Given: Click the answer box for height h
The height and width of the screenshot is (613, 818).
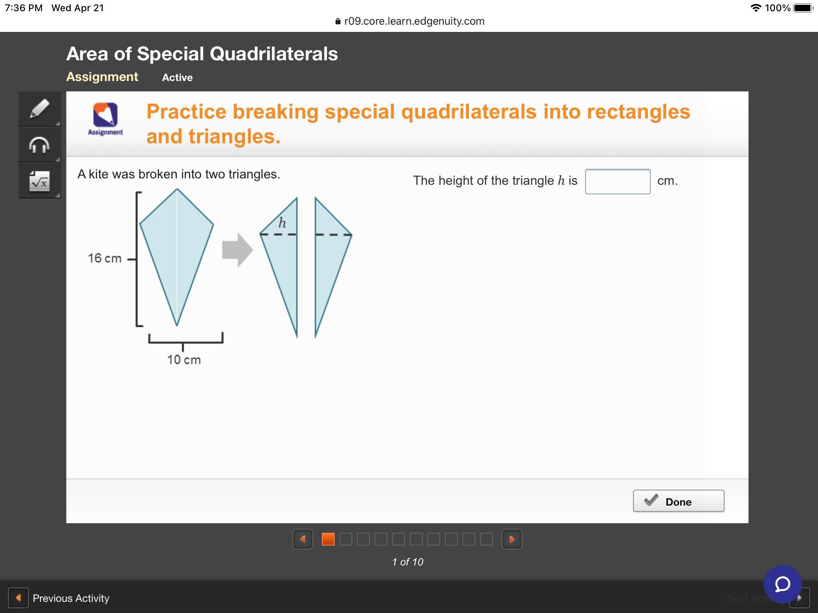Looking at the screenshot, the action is [x=617, y=182].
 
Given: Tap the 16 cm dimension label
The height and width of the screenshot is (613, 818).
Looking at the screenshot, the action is [x=105, y=258].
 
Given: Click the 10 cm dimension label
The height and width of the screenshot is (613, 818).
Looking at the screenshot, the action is [x=184, y=360].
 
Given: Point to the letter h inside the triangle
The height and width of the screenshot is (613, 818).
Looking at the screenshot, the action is [x=282, y=222].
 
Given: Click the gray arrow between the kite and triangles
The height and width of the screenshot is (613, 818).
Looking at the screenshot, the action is [x=238, y=250].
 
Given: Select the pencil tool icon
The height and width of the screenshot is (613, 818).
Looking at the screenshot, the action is [x=40, y=109].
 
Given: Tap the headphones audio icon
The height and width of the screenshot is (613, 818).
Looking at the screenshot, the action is [x=40, y=145].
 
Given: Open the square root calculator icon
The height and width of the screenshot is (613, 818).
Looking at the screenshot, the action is [x=40, y=181].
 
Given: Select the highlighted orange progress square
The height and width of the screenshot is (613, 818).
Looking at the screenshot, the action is [x=328, y=539].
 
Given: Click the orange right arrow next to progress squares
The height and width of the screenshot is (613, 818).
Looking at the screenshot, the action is [x=512, y=539].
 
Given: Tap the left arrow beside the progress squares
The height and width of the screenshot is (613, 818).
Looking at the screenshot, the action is [x=303, y=539].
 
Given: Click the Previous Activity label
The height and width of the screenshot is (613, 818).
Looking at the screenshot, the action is [x=71, y=598].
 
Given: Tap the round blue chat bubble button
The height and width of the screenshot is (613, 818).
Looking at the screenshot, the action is [x=783, y=584].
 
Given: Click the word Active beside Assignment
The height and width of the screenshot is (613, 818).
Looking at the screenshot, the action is [x=177, y=77].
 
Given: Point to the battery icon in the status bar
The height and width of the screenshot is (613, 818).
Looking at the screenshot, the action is [x=803, y=8].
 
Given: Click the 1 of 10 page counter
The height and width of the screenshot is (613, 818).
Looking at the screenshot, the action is [x=408, y=562].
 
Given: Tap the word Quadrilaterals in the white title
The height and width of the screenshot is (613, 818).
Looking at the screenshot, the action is [x=274, y=53].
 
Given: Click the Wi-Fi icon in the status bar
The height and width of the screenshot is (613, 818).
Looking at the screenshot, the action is [x=756, y=8].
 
